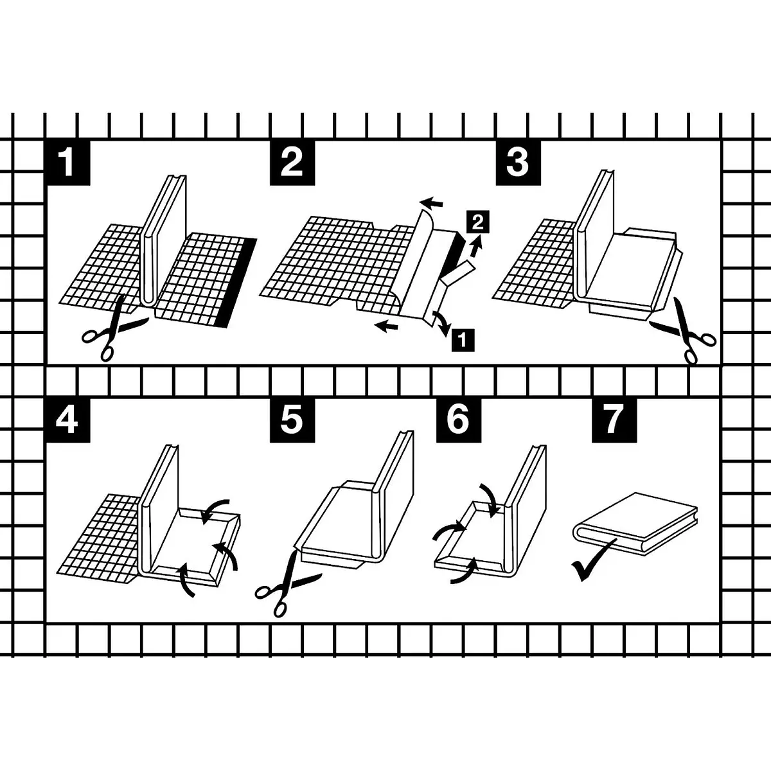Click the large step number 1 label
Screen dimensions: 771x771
67,163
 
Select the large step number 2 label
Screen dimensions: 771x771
292,163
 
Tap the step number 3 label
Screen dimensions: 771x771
518,163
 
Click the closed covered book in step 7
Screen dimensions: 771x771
635,524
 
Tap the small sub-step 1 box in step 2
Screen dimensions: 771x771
463,340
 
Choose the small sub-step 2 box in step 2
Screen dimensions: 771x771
478,222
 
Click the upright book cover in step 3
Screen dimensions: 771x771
595,234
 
